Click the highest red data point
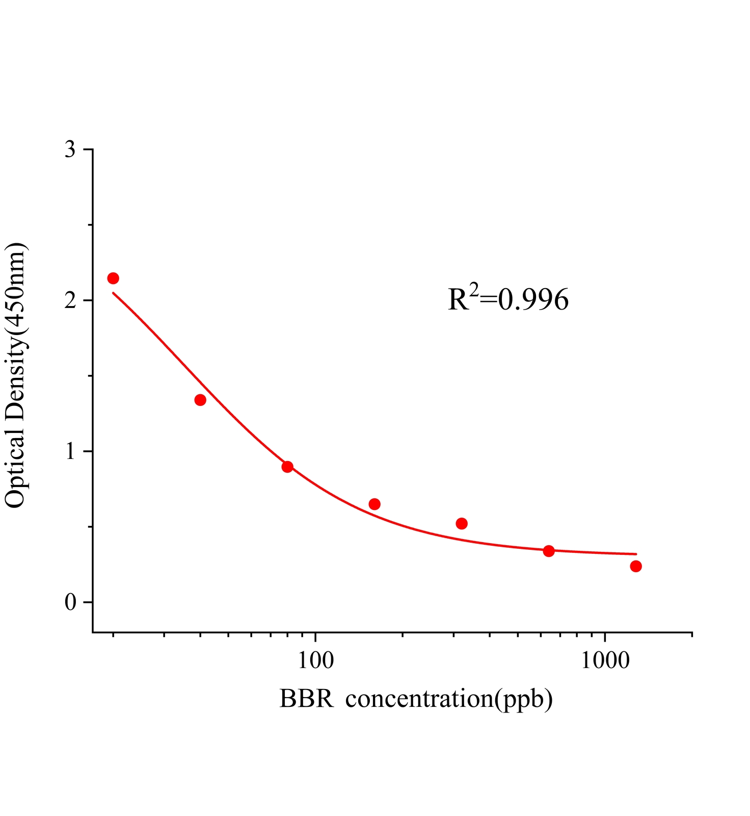tap(113, 278)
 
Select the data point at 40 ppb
tap(200, 400)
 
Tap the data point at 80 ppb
tap(287, 467)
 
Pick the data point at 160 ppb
tap(374, 504)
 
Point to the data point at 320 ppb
tap(462, 523)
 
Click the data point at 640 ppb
tap(549, 551)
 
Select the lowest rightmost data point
tap(636, 566)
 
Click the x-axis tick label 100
tap(316, 661)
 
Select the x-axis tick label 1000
tap(605, 661)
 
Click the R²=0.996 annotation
tap(508, 299)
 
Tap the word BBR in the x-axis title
tap(306, 699)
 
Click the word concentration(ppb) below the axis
tap(449, 699)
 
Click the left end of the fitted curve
tap(114, 293)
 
